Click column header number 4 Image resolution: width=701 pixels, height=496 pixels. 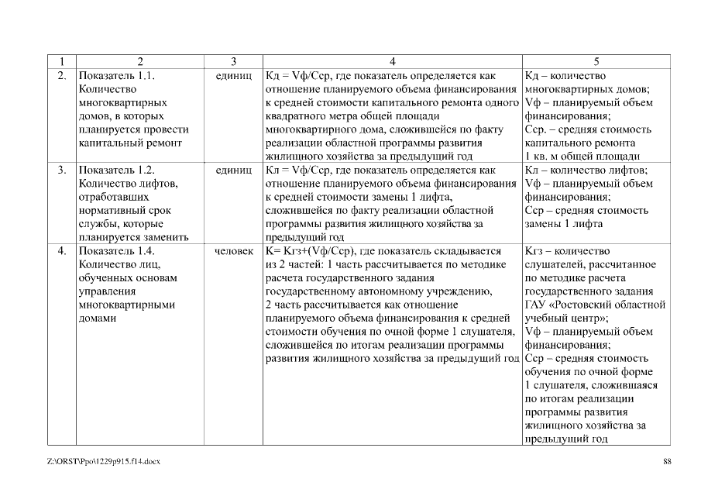click(393, 61)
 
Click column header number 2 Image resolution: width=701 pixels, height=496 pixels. click(140, 61)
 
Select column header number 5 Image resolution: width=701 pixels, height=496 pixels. click(596, 61)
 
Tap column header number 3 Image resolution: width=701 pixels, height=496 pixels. click(233, 61)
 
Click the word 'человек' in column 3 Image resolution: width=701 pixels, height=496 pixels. click(234, 251)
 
